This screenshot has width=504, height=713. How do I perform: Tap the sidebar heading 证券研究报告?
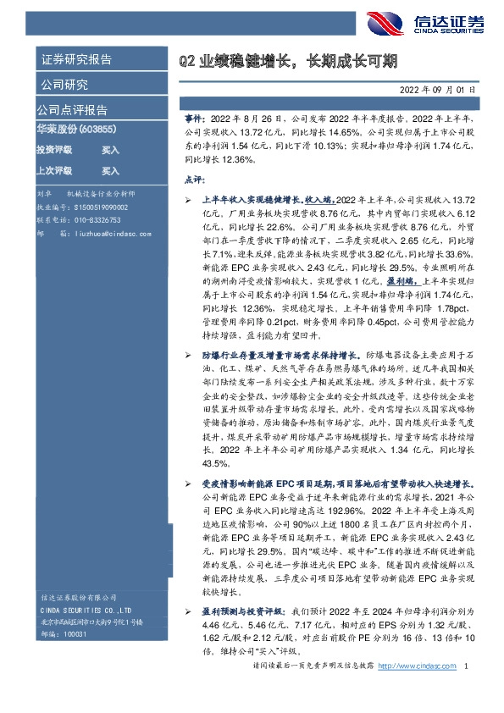coord(76,61)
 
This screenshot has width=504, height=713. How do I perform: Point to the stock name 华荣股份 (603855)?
coord(75,130)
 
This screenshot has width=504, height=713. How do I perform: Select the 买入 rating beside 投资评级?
coord(110,150)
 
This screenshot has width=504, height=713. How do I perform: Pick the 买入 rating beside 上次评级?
coord(110,170)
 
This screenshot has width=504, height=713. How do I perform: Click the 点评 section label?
coord(194,180)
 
